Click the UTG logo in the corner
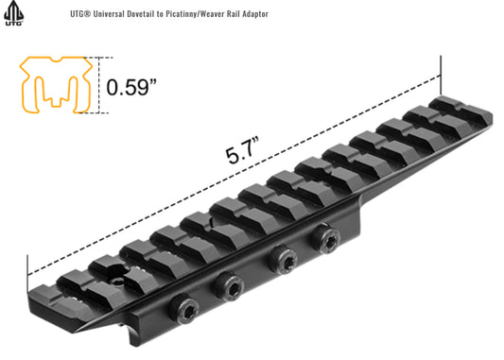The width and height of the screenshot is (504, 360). (x=14, y=13)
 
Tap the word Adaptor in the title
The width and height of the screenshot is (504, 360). (x=255, y=14)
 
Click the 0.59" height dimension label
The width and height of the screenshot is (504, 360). (x=131, y=87)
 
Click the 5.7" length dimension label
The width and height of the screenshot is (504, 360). (x=243, y=150)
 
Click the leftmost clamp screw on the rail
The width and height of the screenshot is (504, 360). (x=184, y=309)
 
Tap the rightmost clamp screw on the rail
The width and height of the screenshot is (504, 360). (x=325, y=238)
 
